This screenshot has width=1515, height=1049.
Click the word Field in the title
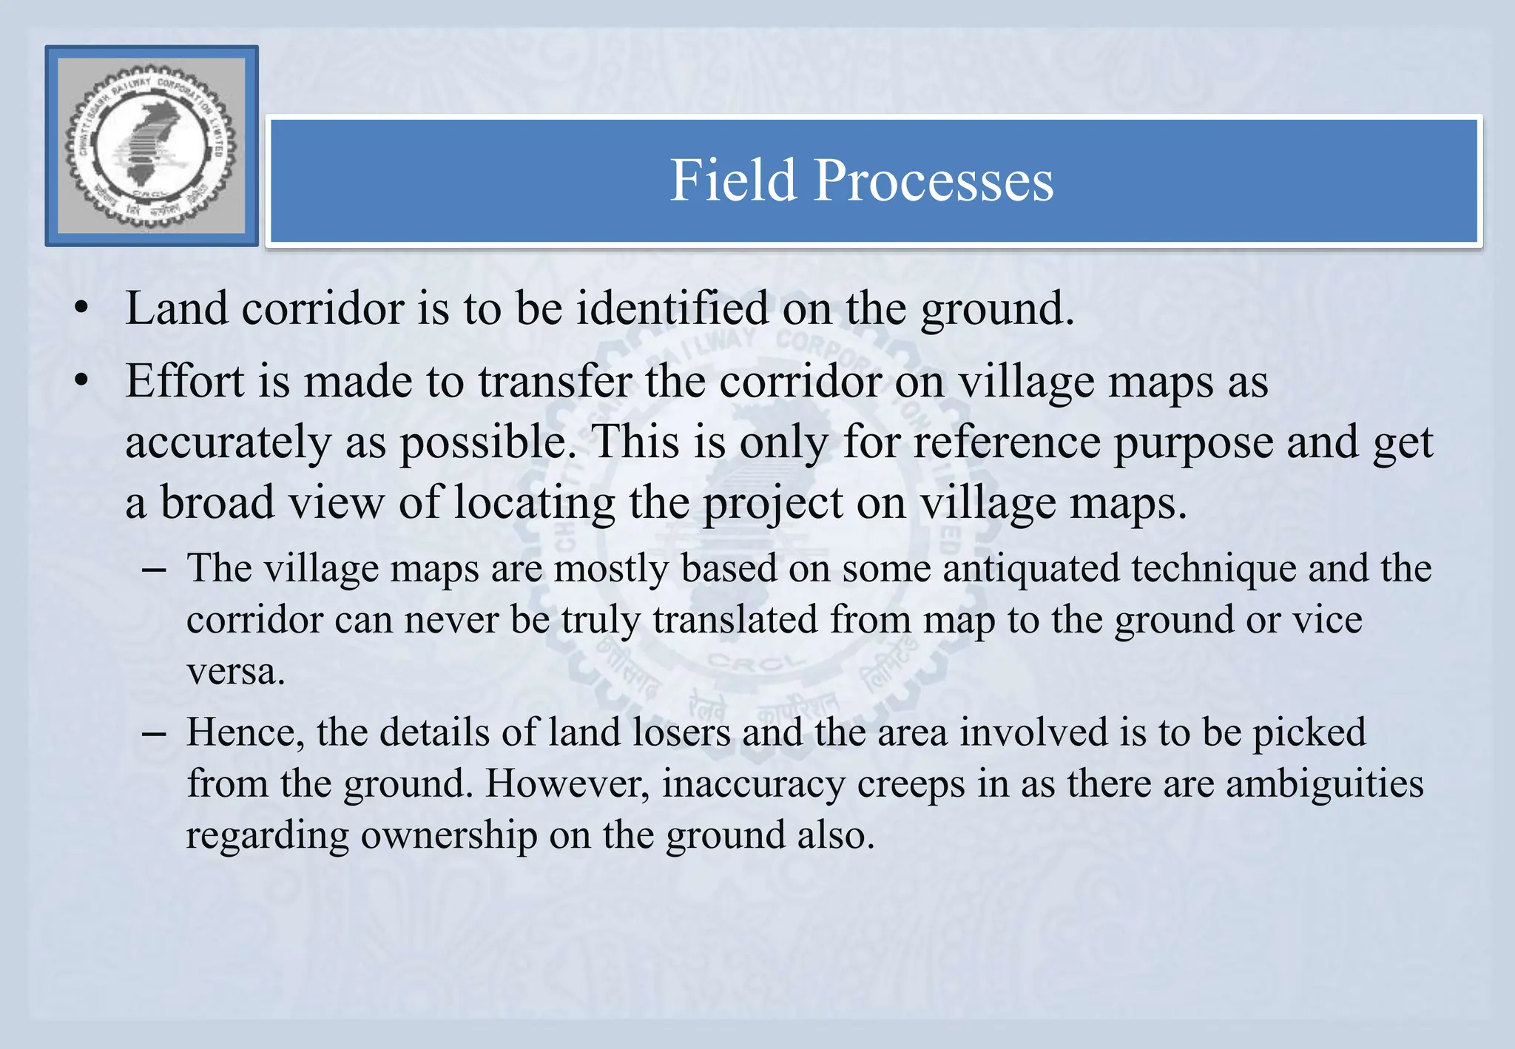tap(732, 181)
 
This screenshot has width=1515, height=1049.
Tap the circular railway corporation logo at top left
tap(152, 146)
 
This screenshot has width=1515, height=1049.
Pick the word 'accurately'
tap(228, 442)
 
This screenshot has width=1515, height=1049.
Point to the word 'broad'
tap(217, 503)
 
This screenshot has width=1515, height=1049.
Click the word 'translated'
tap(735, 619)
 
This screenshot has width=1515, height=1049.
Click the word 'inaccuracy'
tap(753, 784)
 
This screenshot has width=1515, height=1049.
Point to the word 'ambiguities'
tap(1324, 784)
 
